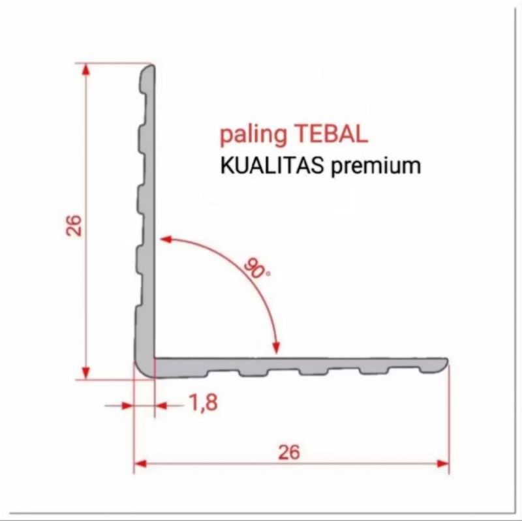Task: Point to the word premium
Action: coord(376,166)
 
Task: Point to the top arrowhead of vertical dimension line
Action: coord(85,69)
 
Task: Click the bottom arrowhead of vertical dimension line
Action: coord(85,373)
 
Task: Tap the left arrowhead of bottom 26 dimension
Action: coord(140,464)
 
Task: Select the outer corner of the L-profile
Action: coord(138,373)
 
